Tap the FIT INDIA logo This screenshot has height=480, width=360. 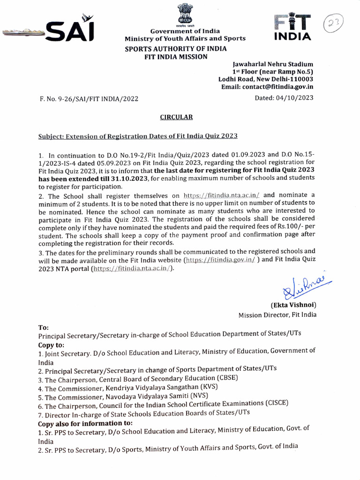292,27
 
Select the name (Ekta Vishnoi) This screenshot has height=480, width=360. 293,305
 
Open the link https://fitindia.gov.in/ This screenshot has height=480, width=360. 220,260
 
